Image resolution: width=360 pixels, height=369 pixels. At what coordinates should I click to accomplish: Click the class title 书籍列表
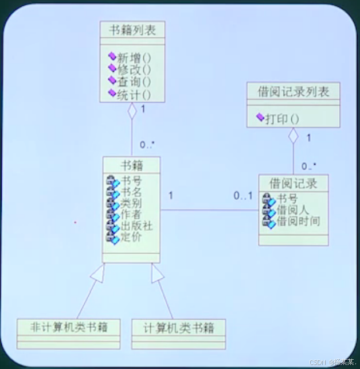pos(132,30)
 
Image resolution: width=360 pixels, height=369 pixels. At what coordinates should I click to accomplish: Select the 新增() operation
pos(134,57)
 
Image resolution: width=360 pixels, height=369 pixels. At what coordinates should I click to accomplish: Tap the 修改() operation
pos(134,70)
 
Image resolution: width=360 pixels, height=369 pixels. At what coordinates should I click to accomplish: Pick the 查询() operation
pos(134,83)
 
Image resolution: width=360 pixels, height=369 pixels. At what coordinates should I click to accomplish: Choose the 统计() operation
pos(134,95)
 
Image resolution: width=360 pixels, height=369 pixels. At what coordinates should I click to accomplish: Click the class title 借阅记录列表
pos(294,91)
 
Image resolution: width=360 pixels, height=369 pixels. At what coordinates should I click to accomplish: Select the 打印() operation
pos(281,119)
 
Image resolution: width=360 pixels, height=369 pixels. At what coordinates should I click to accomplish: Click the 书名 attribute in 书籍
pos(131,193)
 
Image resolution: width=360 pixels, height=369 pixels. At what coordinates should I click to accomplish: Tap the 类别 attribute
pos(131,204)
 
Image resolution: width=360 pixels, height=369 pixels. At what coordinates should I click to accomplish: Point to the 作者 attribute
pos(131,215)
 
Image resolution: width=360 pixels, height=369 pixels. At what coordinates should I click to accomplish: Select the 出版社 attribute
pos(136,226)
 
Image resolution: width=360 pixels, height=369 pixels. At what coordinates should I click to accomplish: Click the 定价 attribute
pos(131,236)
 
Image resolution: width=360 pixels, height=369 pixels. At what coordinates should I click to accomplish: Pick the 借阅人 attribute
pos(292,211)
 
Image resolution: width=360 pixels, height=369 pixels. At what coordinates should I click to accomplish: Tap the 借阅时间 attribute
pos(298,222)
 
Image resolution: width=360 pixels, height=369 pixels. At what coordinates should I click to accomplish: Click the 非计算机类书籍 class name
pos(68,327)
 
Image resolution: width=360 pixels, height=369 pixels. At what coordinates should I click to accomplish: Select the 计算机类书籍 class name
pos(178,328)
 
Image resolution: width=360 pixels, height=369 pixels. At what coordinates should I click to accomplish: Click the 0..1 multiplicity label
pos(242,196)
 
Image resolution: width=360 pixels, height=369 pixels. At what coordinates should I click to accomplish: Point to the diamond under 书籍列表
pos(132,111)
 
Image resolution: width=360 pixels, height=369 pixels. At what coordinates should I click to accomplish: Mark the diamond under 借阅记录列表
pos(294,136)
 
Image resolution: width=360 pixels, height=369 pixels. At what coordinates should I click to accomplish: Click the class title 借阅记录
pos(293,183)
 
